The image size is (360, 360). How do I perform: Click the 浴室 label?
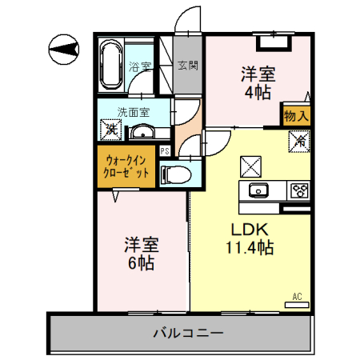point(141,66)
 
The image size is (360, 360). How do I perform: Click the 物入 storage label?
point(295,116)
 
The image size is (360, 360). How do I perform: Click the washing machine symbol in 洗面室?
point(110,127)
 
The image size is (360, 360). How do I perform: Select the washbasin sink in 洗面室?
point(142,131)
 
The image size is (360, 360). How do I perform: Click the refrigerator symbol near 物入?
point(298,142)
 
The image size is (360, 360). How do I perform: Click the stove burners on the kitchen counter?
point(299,190)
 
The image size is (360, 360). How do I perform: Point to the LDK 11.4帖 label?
point(248,238)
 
